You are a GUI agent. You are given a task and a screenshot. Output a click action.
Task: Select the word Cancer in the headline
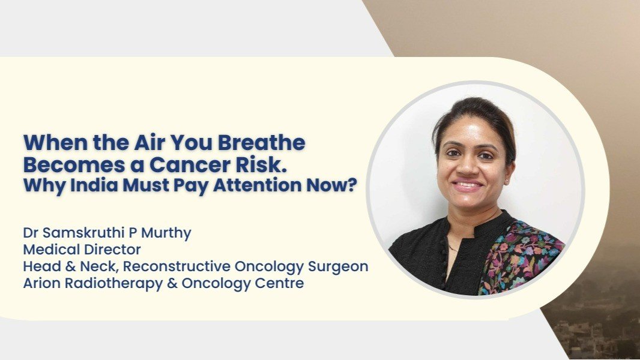click(x=189, y=165)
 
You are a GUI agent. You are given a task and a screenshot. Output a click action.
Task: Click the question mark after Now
click(x=352, y=185)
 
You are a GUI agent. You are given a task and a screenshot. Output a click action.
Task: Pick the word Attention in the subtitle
click(x=257, y=185)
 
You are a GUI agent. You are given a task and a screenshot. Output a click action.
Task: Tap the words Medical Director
click(x=82, y=250)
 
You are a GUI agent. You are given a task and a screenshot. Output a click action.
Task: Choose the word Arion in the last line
click(x=42, y=283)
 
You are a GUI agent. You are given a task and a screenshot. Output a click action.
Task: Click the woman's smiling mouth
click(x=468, y=186)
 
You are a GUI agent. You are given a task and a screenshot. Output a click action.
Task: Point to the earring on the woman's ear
click(x=507, y=179)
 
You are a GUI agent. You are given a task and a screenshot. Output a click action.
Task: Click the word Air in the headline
click(x=148, y=143)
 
